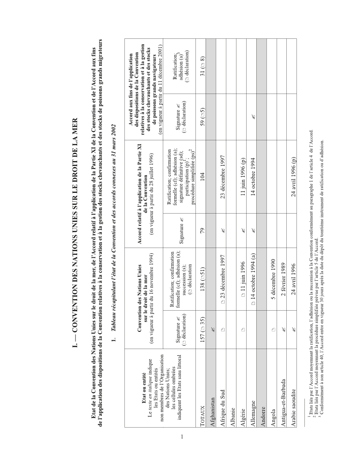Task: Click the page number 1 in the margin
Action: point(182,437)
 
